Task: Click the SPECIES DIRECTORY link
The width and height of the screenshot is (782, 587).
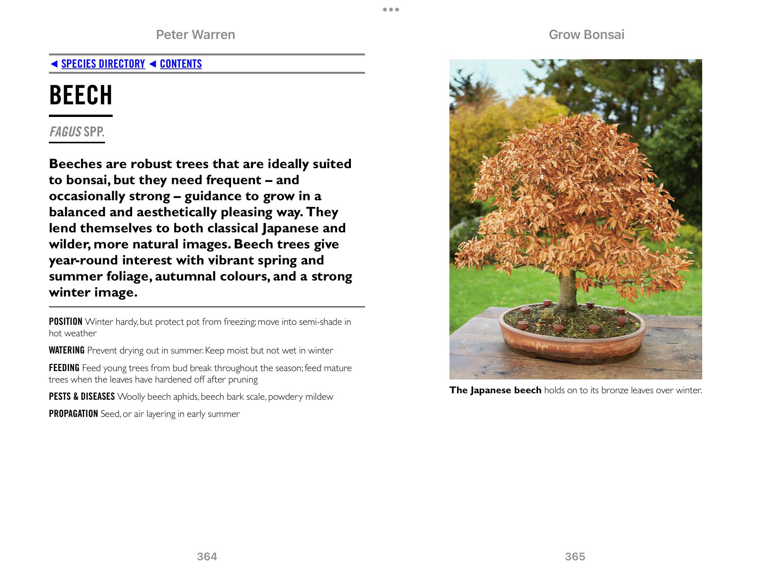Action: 103,64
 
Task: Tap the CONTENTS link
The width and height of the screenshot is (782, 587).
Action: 181,64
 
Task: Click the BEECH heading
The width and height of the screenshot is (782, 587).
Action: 81,95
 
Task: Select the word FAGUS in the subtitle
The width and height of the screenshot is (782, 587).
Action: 65,132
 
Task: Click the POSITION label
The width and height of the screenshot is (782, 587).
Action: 66,322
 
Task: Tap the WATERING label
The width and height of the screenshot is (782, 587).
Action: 66,350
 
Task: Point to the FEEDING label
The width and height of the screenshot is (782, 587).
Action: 64,368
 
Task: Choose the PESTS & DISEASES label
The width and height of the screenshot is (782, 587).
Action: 82,397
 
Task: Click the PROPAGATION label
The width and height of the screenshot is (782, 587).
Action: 73,414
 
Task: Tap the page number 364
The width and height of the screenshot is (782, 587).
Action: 207,556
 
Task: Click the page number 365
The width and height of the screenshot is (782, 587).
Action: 575,556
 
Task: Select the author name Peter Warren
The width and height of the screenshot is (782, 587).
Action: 195,35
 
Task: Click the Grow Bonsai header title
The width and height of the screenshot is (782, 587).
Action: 586,35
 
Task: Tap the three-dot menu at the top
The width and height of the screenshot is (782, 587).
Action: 391,10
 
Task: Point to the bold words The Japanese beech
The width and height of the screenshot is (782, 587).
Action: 495,390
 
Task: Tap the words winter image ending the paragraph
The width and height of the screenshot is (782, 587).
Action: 93,292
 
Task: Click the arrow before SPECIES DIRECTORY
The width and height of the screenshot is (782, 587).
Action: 54,64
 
